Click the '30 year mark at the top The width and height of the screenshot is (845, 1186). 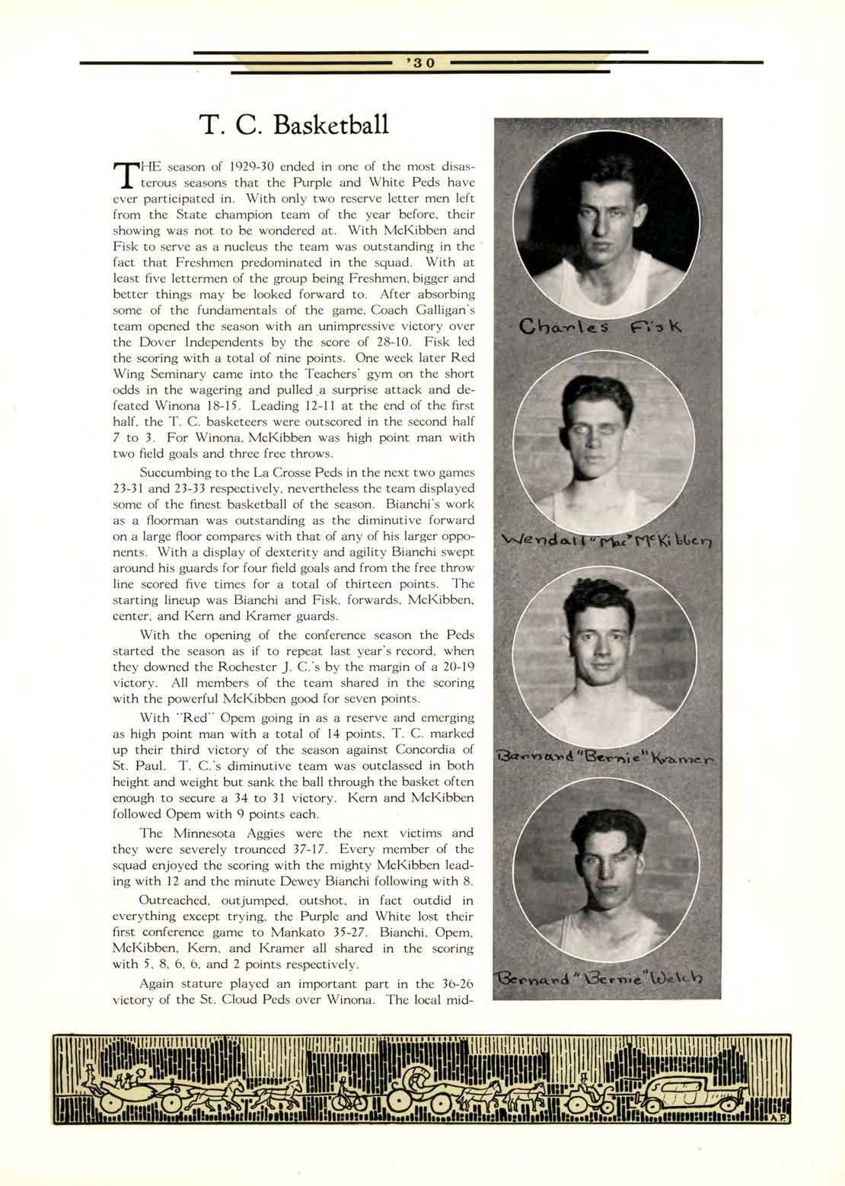(x=422, y=63)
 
